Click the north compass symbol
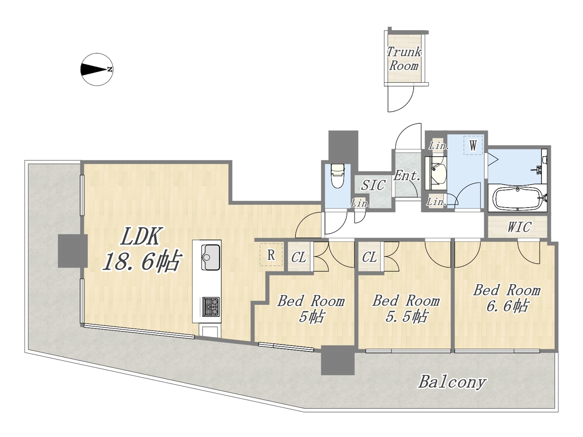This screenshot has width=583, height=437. coord(97,70)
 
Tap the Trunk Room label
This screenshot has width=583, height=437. coord(404,59)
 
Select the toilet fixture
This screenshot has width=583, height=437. coord(338,176)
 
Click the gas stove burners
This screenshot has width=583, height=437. coord(211,306)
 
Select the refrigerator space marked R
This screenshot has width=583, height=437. coord(271,254)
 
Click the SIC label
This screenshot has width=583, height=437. coord(373,185)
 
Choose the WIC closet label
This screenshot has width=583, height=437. coord(519,227)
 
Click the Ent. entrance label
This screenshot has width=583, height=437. coord(407,175)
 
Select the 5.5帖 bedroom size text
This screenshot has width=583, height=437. coord(407,316)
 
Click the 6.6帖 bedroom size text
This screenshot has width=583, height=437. coord(507,305)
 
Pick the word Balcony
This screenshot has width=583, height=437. coord(452,382)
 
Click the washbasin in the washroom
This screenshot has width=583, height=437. coord(436,173)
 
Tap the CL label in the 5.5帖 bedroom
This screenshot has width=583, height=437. coord(369,257)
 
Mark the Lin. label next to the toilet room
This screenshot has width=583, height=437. coord(360,203)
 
